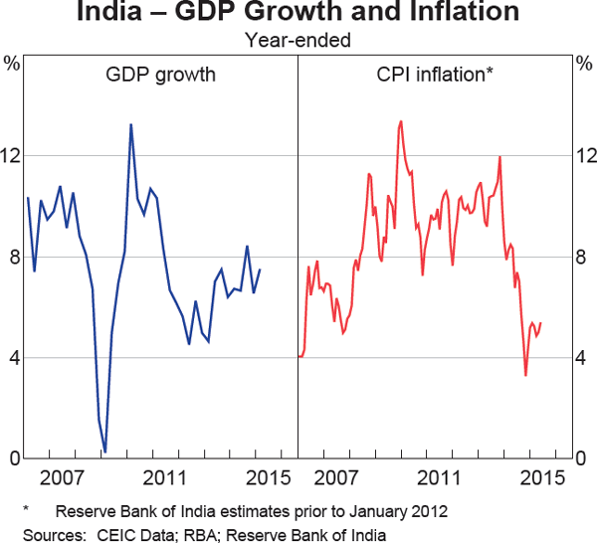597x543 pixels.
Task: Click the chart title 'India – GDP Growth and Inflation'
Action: click(298, 14)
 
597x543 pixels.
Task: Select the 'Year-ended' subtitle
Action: click(298, 41)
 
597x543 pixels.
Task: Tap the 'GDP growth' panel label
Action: click(160, 75)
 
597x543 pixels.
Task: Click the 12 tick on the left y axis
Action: click(12, 156)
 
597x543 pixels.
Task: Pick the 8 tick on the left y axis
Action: click(12, 257)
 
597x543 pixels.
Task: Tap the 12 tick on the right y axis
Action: click(583, 156)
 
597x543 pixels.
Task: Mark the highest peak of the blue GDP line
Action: click(131, 124)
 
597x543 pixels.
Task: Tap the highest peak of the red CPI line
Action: click(401, 121)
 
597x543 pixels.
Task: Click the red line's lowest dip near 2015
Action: click(526, 375)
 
